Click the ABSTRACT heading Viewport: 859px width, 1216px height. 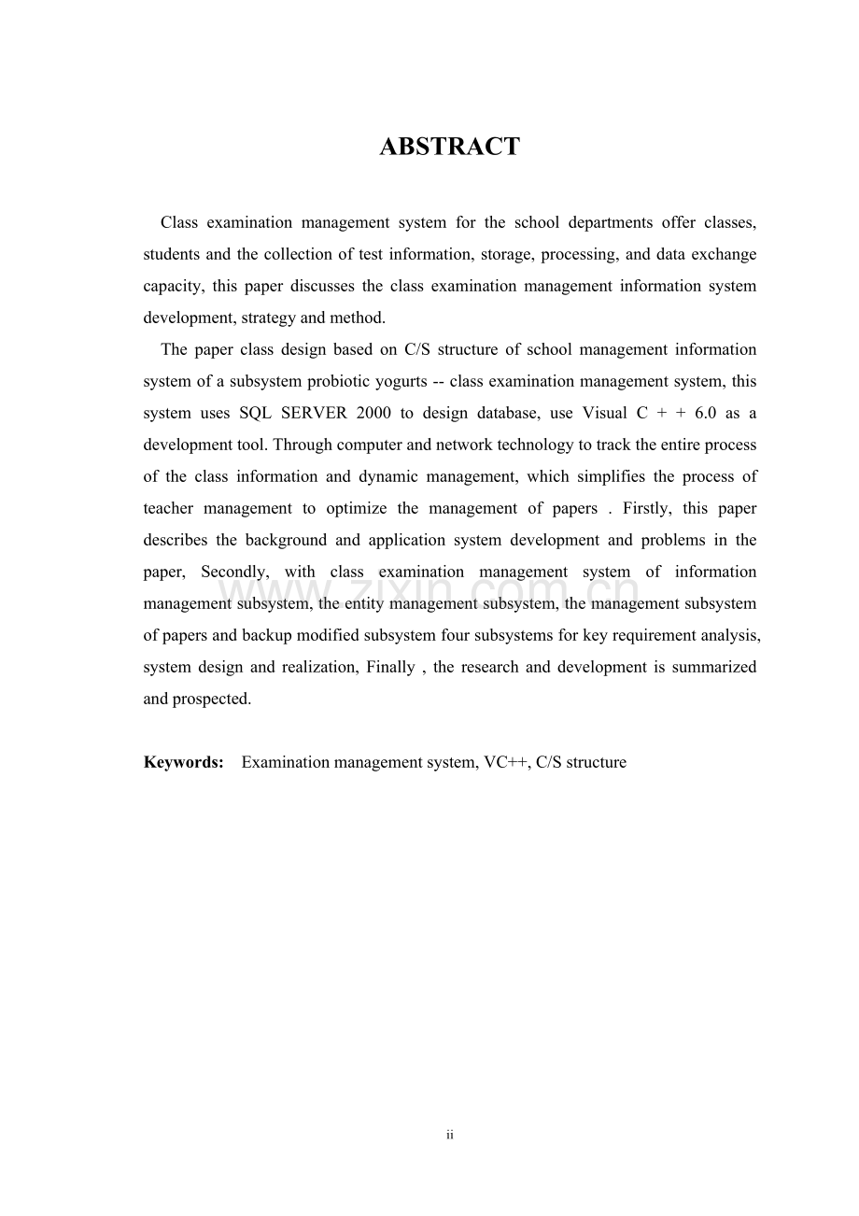click(449, 147)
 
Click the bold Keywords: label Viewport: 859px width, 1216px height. click(183, 762)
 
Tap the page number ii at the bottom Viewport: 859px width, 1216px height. click(449, 1135)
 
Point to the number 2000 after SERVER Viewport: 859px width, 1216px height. click(373, 413)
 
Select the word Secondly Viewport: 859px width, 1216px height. click(233, 572)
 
